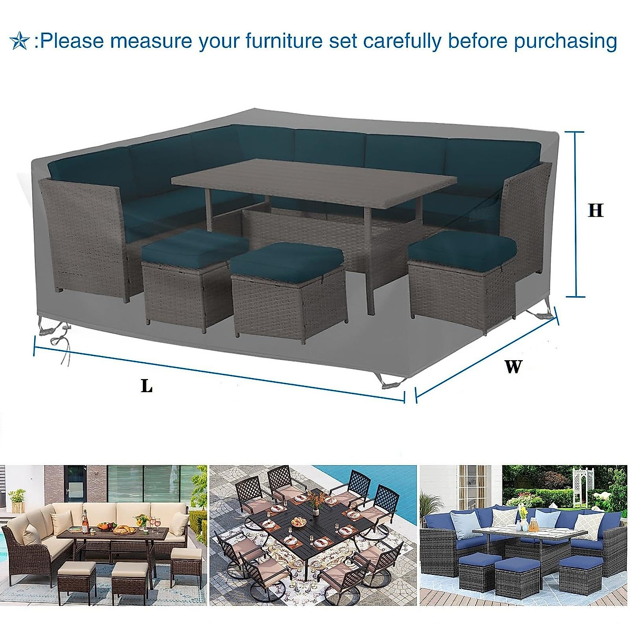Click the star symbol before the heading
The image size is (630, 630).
coord(19,41)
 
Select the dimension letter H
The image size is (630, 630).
coord(595,210)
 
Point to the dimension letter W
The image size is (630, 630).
coord(513,366)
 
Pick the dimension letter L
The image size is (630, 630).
coord(146,386)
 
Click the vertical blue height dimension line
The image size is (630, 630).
coord(576,214)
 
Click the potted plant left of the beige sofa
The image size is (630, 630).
coord(18,499)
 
